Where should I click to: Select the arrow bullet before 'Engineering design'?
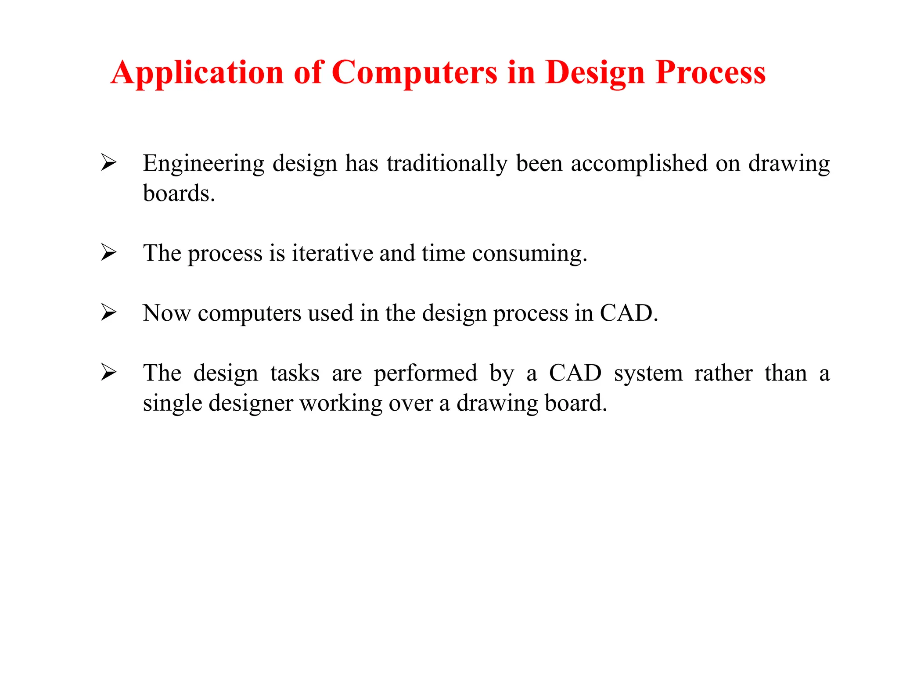[108, 162]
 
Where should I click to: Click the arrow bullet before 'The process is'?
[108, 252]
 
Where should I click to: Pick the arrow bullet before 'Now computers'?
[108, 312]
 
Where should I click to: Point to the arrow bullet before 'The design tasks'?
[108, 372]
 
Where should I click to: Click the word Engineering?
[203, 164]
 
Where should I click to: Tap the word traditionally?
[447, 164]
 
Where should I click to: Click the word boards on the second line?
[179, 194]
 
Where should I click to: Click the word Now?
[166, 313]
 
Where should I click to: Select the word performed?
[425, 374]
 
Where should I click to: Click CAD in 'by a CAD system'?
[575, 373]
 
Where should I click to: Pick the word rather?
[723, 373]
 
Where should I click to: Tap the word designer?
[250, 404]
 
